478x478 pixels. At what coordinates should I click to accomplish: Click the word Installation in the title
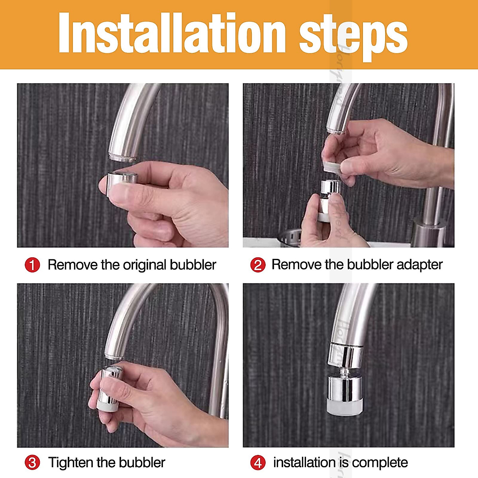(x=172, y=33)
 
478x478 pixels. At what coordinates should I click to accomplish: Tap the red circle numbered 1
(x=32, y=264)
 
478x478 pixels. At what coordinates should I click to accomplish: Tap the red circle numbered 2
(x=258, y=264)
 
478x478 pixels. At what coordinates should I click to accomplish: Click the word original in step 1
(x=145, y=265)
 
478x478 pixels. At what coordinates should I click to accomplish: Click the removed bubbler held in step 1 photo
(x=122, y=181)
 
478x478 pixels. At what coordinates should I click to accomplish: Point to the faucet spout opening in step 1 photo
(x=123, y=157)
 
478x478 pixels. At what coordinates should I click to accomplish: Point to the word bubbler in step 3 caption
(x=142, y=462)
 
